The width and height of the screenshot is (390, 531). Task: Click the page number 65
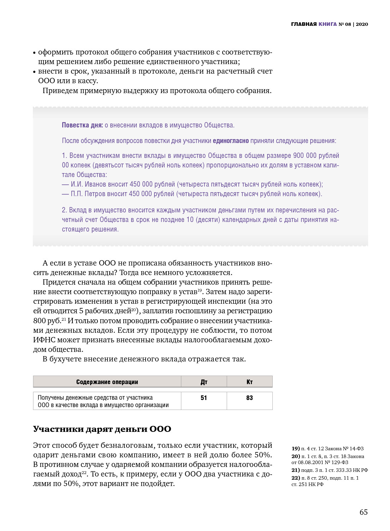coord(364,512)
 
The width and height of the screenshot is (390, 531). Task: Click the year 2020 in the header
coord(362,24)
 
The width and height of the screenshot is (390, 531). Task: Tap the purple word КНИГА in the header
coord(327,24)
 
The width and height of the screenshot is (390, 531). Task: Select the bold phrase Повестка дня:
coord(82,125)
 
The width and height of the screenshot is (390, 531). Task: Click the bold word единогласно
coord(231,141)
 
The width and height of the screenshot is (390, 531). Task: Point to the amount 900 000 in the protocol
coord(305,155)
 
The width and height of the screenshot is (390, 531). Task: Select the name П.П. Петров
coord(88,194)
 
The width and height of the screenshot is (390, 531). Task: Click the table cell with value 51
coord(204,398)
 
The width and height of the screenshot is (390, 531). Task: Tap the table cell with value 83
coord(249,398)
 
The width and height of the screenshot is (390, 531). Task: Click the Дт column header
coord(204,382)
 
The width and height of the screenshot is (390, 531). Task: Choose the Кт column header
coord(249,382)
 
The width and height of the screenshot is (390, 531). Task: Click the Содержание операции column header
coord(107,382)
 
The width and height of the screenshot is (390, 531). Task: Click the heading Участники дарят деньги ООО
coord(102,429)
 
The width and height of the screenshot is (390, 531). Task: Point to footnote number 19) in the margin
coord(295,449)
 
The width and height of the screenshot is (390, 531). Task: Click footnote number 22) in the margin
coord(295,478)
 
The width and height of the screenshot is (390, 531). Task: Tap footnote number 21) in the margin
coord(295,470)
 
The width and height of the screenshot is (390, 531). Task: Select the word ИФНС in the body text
coord(44,340)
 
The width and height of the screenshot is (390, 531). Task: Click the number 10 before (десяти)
coord(190,219)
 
